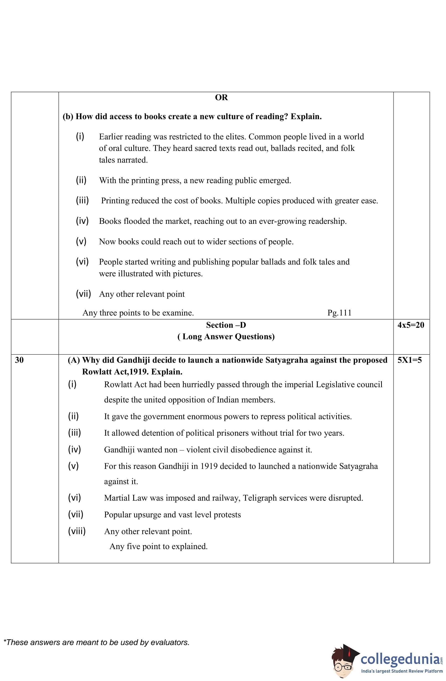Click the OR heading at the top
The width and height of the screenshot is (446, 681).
click(x=221, y=98)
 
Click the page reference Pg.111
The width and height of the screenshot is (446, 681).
click(x=339, y=313)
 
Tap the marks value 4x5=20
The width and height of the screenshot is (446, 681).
click(x=411, y=325)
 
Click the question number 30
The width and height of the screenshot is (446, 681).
click(x=19, y=360)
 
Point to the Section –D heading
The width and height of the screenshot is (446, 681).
click(x=226, y=325)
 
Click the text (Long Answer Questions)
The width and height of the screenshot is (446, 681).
click(x=226, y=337)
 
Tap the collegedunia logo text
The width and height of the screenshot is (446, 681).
click(x=400, y=659)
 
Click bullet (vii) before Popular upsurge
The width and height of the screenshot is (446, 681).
click(x=75, y=514)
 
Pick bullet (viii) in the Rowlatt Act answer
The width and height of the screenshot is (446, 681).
click(x=77, y=531)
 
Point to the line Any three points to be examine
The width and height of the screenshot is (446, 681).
click(x=138, y=313)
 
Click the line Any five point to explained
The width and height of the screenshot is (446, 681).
click(x=158, y=546)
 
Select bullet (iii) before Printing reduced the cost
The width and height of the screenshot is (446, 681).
click(x=82, y=200)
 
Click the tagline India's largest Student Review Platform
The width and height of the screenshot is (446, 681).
click(x=402, y=671)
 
